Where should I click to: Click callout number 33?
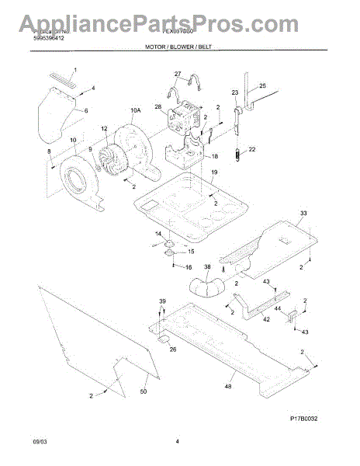tap(303, 213)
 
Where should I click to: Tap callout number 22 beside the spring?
tap(251, 149)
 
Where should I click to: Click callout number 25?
tap(261, 85)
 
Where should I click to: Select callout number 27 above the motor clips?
tap(178, 75)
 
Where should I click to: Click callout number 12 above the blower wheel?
tap(104, 128)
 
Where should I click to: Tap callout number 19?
tap(213, 172)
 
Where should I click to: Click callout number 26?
tap(172, 349)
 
